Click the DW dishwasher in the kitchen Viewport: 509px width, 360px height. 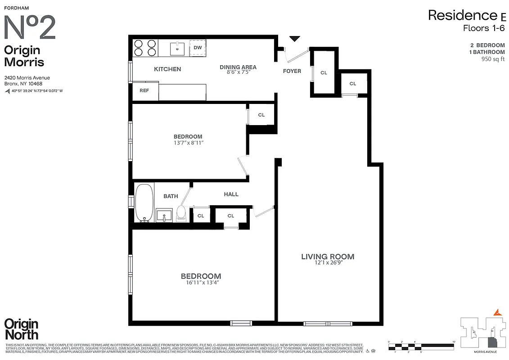(198, 48)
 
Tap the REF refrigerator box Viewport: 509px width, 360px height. (144, 90)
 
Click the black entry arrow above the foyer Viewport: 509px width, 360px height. (294, 39)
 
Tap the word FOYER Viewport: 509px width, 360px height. (292, 71)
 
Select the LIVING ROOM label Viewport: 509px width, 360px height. (328, 257)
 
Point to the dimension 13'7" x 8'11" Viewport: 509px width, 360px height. (188, 143)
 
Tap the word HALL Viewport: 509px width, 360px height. (231, 194)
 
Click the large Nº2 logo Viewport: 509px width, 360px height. (30, 28)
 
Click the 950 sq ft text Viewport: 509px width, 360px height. (493, 59)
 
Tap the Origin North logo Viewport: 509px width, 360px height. (21, 329)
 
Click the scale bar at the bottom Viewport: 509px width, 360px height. (422, 346)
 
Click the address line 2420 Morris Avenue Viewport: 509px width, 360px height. (27, 78)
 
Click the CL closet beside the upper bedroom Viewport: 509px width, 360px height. (261, 115)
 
